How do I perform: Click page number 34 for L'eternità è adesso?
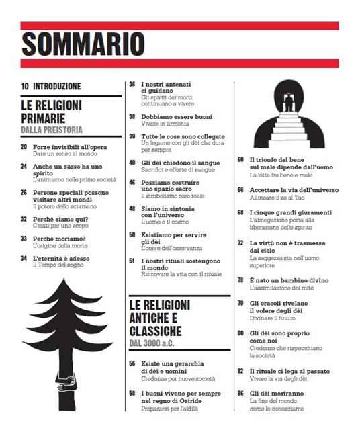pyautogui.click(x=24, y=257)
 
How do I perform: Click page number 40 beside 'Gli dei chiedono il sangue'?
pyautogui.click(x=132, y=163)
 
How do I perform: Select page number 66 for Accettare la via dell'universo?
pyautogui.click(x=240, y=190)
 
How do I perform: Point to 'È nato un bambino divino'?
pyautogui.click(x=289, y=278)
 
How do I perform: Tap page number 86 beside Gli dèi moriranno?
pyautogui.click(x=240, y=392)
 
